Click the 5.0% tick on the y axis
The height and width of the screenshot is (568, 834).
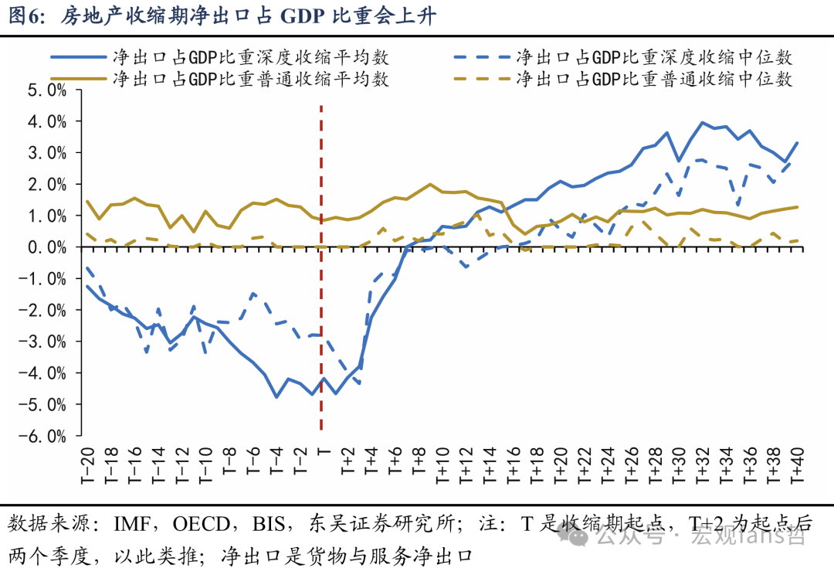pyautogui.click(x=47, y=90)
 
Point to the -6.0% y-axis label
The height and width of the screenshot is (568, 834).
pyautogui.click(x=42, y=437)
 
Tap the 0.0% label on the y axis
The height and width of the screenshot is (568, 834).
pyautogui.click(x=47, y=247)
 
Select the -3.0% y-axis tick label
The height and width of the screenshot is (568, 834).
pyautogui.click(x=42, y=342)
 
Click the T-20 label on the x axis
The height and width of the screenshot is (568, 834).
pyautogui.click(x=88, y=466)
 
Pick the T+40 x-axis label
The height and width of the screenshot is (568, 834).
pyautogui.click(x=797, y=466)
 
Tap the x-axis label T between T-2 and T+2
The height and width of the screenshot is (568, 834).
pyautogui.click(x=324, y=453)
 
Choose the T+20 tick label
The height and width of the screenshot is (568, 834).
pyautogui.click(x=561, y=466)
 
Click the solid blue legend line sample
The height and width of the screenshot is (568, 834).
pyautogui.click(x=79, y=57)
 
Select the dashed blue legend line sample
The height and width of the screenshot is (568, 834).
pyautogui.click(x=482, y=57)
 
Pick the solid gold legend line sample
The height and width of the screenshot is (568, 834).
pyautogui.click(x=79, y=80)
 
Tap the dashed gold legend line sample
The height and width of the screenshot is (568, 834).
pyautogui.click(x=482, y=80)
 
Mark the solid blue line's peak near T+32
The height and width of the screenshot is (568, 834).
pyautogui.click(x=702, y=122)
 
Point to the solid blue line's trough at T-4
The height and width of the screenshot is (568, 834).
pyautogui.click(x=276, y=396)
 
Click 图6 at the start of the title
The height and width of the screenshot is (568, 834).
pyautogui.click(x=25, y=16)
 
